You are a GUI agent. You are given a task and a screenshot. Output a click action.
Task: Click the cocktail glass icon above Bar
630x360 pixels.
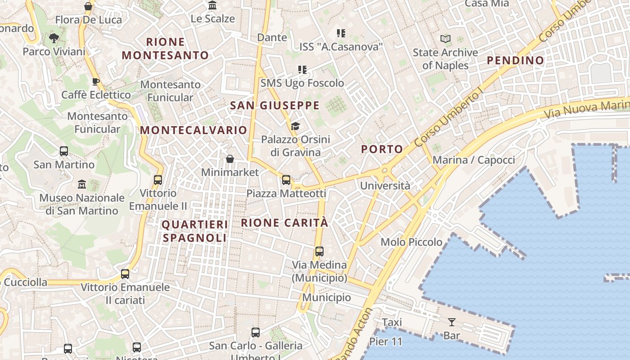pyautogui.click(x=451, y=322)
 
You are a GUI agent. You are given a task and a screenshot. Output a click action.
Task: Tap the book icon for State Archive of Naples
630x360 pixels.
pyautogui.click(x=445, y=39)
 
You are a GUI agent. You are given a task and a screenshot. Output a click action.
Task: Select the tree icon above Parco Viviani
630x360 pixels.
pyautogui.click(x=54, y=38)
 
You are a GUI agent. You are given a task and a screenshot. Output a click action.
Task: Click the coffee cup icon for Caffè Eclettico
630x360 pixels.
pyautogui.click(x=95, y=81)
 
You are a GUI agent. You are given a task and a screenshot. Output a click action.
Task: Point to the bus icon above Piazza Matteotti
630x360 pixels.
pyautogui.click(x=286, y=180)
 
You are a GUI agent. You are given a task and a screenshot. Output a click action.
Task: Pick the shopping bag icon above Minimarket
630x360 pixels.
pyautogui.click(x=230, y=159)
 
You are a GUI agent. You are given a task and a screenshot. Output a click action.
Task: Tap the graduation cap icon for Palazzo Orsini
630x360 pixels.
pyautogui.click(x=295, y=126)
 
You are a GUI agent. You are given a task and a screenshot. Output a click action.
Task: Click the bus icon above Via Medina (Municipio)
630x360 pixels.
pyautogui.click(x=319, y=252)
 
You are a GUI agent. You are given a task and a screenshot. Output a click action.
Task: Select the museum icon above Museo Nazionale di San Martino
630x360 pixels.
pyautogui.click(x=82, y=184)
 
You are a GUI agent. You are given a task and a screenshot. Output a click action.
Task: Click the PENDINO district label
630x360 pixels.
pyautogui.click(x=515, y=60)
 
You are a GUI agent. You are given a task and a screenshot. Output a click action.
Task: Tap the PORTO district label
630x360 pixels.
pyautogui.click(x=382, y=149)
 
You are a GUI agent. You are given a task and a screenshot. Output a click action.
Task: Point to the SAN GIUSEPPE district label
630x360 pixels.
pyautogui.click(x=274, y=106)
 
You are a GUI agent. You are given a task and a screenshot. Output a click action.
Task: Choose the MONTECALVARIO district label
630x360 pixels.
pyautogui.click(x=193, y=130)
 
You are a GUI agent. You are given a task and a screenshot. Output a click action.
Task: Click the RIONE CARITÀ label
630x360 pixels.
pyautogui.click(x=284, y=223)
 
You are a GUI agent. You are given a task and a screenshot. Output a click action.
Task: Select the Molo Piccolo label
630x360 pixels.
pyautogui.click(x=411, y=242)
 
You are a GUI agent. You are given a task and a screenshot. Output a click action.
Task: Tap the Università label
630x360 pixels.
pyautogui.click(x=385, y=185)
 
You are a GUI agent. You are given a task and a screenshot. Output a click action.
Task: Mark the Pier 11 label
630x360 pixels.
pyautogui.click(x=386, y=342)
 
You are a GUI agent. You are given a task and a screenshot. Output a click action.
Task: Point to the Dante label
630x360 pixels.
pyautogui.click(x=272, y=37)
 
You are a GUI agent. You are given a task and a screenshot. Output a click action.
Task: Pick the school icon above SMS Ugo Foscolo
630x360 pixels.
pyautogui.click(x=302, y=70)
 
